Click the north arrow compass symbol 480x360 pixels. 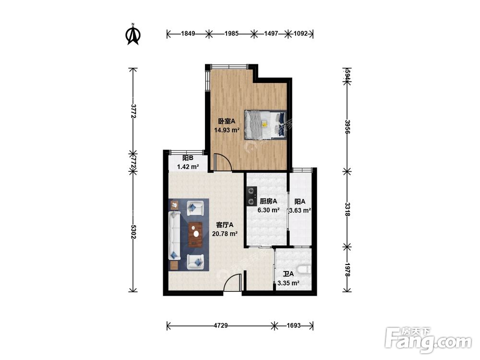133,34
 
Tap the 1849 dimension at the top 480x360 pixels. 188,34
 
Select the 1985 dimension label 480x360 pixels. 231,34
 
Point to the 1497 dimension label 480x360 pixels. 271,34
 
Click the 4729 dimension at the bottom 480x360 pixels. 221,325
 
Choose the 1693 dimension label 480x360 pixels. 294,325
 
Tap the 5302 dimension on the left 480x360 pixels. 133,232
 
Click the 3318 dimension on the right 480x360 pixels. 347,209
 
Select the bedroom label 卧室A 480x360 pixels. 227,121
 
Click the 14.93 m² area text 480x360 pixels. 227,130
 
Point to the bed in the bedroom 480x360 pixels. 265,125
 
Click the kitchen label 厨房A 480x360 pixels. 268,202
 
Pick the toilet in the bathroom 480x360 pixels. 305,270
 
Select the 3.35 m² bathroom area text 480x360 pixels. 288,283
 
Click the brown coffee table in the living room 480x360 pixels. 195,235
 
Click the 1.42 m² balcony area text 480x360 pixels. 188,167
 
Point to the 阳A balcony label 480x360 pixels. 300,202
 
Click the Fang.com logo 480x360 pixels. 428,340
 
